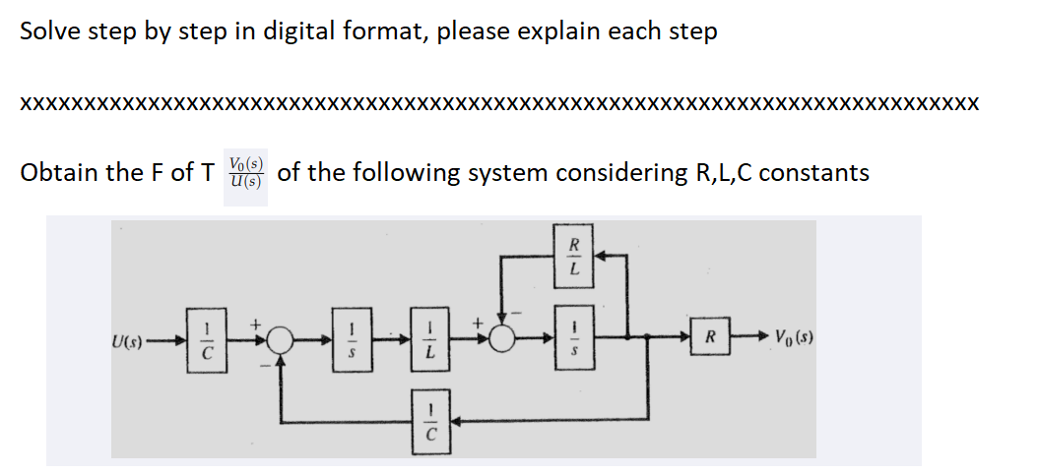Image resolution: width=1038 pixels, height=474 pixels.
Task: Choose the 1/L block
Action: [x=427, y=338]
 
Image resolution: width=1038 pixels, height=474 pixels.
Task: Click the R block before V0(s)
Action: [x=711, y=338]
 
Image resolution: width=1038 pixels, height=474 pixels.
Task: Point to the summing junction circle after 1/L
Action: [x=505, y=339]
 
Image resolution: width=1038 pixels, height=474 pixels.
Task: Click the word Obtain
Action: [x=58, y=173]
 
